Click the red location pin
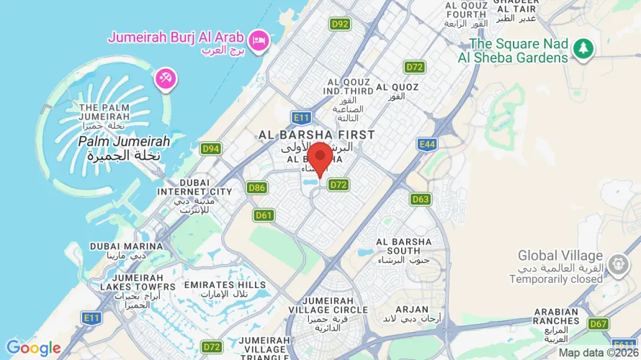point(320,158)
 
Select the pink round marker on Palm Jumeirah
point(165,79)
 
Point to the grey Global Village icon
point(617,264)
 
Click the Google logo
point(34,348)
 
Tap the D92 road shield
point(340,24)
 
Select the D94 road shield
point(211,149)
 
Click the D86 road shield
point(257,188)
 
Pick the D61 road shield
point(264,215)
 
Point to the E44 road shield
point(427,145)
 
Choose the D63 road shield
point(421,199)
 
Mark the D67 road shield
point(598,323)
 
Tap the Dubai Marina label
point(120,250)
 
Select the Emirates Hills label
point(225,289)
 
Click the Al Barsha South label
point(403,246)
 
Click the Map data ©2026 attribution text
point(598,353)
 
